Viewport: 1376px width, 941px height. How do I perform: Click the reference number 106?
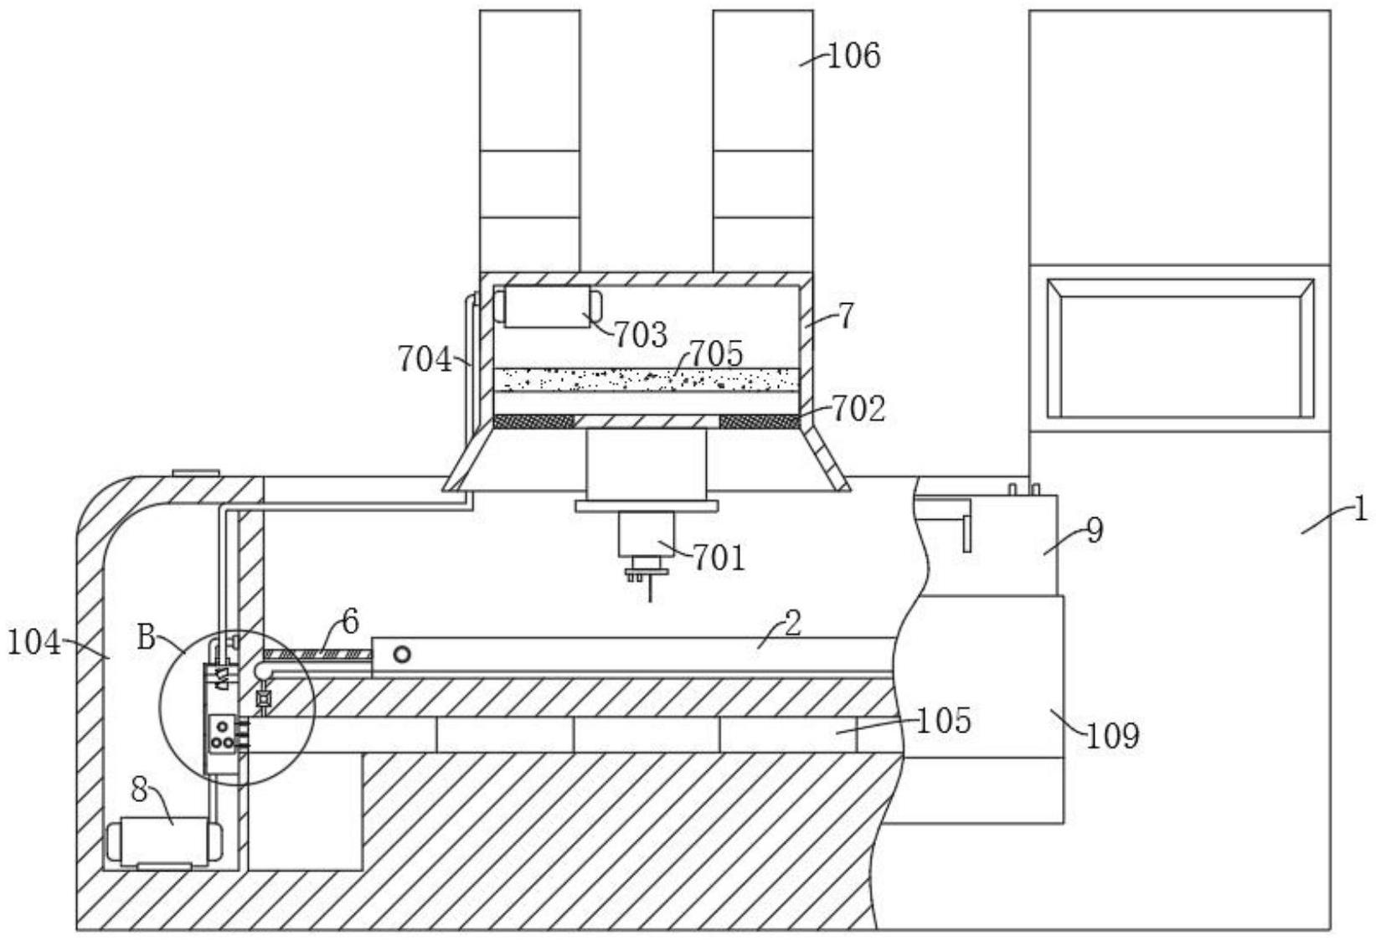854,56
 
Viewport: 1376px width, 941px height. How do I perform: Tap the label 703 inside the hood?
641,335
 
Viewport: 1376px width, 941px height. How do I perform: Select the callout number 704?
425,359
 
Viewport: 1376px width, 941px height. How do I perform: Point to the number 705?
716,354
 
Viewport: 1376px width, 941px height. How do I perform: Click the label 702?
858,409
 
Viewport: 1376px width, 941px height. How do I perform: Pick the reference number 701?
719,558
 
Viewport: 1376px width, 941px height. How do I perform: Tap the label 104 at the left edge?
34,644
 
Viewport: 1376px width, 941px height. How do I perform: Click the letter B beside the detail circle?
147,638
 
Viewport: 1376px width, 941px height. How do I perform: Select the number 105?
944,721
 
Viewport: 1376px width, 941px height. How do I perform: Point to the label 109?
1112,735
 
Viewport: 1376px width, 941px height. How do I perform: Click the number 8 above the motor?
140,791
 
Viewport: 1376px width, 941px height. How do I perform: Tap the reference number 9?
1095,531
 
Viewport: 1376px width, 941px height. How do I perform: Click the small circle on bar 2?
402,655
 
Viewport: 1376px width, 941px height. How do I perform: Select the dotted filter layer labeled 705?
647,380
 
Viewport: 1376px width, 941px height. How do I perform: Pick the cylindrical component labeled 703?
548,306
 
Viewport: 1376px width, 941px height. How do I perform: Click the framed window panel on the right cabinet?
1180,348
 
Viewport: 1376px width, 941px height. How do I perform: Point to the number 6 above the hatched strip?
350,622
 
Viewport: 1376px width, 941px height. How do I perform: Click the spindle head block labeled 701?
647,534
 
